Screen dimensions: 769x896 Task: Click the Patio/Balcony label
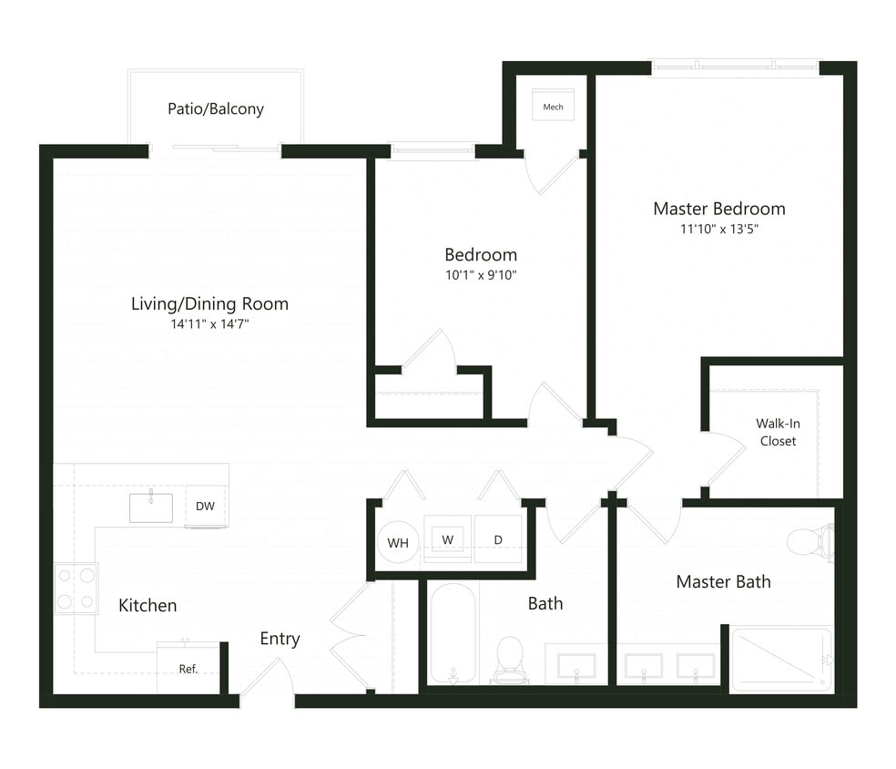click(x=216, y=109)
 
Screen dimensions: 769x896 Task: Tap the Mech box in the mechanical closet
click(x=553, y=106)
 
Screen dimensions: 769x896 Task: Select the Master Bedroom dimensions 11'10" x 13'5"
click(x=718, y=230)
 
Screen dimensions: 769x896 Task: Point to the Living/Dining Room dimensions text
click(x=209, y=323)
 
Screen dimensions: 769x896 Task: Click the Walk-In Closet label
click(x=777, y=432)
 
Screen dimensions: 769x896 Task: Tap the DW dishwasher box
click(x=206, y=507)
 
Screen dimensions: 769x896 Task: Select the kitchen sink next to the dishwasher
click(x=150, y=508)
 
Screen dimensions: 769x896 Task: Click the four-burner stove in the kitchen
click(x=76, y=589)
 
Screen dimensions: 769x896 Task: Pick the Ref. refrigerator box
click(x=188, y=668)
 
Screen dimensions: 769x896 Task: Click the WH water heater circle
click(x=398, y=543)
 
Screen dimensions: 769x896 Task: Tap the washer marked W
click(x=448, y=539)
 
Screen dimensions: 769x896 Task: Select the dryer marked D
click(x=498, y=539)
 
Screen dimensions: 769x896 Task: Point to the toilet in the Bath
click(x=509, y=659)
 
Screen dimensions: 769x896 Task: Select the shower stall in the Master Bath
click(x=781, y=658)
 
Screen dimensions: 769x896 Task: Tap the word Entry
click(x=280, y=639)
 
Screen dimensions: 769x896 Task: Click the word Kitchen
click(x=148, y=605)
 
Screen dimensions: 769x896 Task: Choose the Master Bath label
click(x=723, y=581)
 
